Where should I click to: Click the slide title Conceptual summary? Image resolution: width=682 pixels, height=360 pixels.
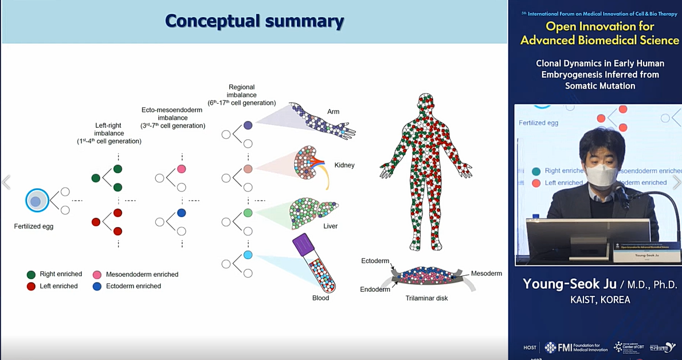tap(254, 21)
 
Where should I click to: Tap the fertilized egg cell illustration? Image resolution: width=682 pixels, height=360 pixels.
tap(36, 201)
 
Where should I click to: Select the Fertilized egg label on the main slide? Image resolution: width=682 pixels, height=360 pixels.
tap(34, 226)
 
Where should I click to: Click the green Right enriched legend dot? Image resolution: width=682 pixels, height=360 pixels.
tap(32, 275)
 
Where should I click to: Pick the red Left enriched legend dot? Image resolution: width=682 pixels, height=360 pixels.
tap(32, 286)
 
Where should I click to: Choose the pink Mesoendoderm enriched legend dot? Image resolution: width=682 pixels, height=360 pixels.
tap(97, 275)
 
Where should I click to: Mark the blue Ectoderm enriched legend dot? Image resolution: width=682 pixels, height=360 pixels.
tap(97, 286)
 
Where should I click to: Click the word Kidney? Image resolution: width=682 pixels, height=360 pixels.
tap(344, 165)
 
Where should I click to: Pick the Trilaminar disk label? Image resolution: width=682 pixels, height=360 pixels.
tap(426, 298)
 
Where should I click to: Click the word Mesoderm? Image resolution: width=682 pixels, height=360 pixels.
tap(486, 274)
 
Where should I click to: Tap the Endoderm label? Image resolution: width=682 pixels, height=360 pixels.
tap(375, 289)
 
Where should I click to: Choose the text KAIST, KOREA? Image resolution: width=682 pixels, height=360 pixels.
tap(599, 300)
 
